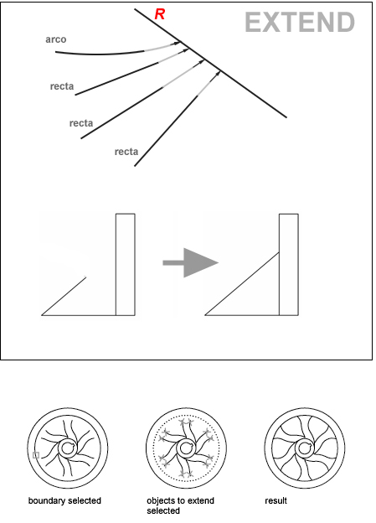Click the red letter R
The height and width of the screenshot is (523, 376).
coord(160,14)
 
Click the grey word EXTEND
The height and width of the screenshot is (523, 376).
coord(300,23)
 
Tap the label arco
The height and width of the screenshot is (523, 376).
coord(56,39)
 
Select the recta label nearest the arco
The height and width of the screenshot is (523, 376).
coord(62,86)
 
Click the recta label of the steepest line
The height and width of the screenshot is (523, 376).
coord(126,152)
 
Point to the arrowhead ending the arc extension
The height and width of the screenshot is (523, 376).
coord(177,43)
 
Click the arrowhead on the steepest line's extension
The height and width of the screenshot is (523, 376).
coord(218,73)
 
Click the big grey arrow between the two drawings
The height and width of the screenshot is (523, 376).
coord(191,262)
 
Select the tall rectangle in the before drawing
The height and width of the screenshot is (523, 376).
coord(126,265)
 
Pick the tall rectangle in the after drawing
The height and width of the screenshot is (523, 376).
coord(289,265)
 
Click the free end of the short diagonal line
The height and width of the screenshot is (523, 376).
coord(86,277)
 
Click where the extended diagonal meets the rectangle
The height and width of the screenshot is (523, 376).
coord(279,253)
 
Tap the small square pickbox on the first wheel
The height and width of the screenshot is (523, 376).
coord(36,455)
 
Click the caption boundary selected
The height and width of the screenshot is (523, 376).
coord(64,500)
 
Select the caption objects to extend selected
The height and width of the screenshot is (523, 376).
coord(180,505)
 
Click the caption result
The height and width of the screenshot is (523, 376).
coord(276,500)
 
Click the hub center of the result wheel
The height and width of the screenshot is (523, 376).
coord(304,448)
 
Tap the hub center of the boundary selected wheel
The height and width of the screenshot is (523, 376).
coord(68,448)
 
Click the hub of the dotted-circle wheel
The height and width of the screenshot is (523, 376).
coord(186,448)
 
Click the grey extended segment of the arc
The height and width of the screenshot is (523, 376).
coord(160,47)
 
